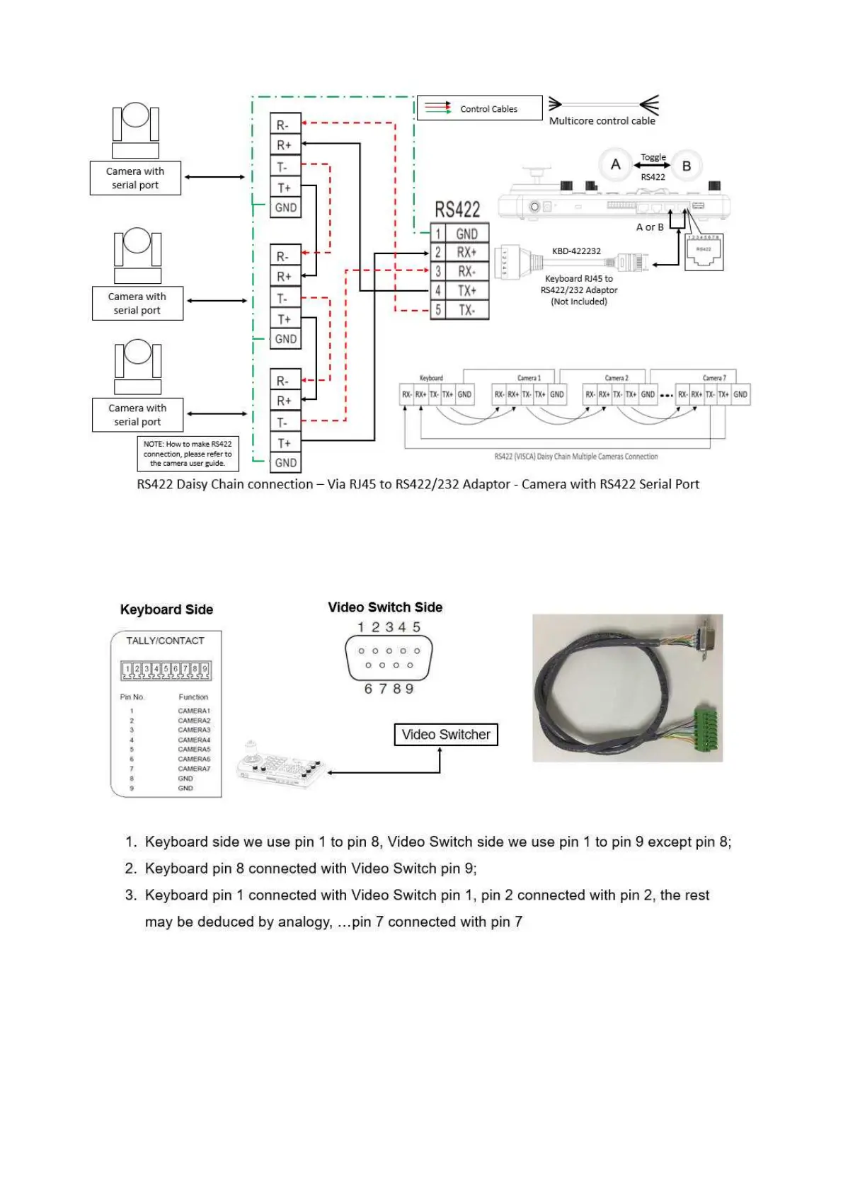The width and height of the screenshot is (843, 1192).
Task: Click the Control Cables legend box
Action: [x=479, y=108]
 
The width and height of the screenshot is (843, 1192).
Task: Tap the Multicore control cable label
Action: [x=602, y=121]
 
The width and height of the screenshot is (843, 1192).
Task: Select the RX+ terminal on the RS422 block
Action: [x=466, y=253]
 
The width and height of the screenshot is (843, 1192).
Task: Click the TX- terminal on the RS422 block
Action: [x=466, y=310]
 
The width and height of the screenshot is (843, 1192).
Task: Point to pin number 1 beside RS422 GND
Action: [x=438, y=234]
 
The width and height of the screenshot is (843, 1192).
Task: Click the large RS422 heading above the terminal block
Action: [x=457, y=210]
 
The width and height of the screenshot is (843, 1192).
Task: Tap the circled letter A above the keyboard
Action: [x=615, y=165]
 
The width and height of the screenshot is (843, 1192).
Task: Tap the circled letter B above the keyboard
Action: [x=686, y=166]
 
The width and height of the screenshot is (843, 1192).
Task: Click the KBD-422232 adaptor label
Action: [x=576, y=251]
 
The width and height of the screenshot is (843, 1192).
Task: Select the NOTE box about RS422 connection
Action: [x=188, y=454]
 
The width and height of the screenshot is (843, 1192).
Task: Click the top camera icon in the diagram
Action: [x=135, y=131]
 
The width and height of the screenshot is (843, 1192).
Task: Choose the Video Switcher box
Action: [x=446, y=735]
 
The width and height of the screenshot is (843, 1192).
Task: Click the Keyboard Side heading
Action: [x=166, y=609]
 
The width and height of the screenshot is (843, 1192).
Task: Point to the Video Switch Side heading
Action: [x=385, y=607]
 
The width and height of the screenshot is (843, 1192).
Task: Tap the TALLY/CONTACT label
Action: [x=165, y=641]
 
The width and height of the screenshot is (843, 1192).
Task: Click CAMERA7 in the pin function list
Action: [x=194, y=769]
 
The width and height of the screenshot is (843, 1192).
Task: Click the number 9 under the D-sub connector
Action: [x=409, y=689]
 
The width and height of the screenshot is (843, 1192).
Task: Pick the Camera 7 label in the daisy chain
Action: [x=714, y=378]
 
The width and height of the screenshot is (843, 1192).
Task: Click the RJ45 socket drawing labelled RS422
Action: [x=704, y=252]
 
